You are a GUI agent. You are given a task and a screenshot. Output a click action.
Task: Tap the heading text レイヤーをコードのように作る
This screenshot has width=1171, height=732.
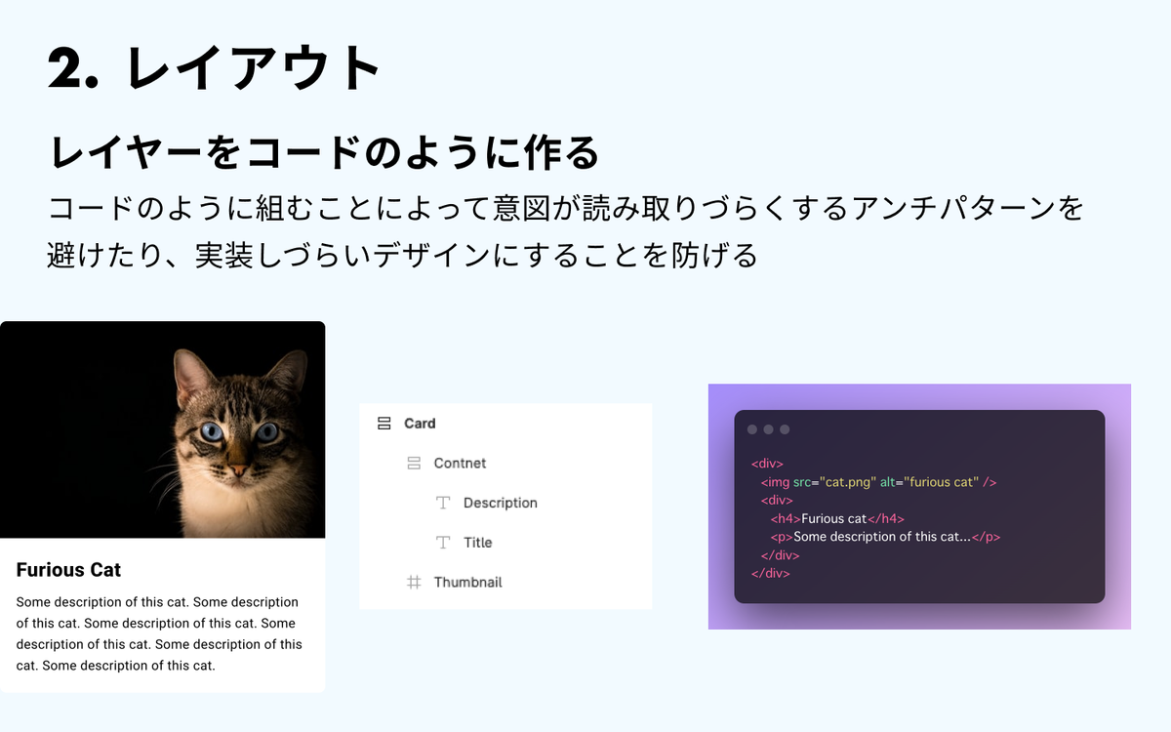point(324,152)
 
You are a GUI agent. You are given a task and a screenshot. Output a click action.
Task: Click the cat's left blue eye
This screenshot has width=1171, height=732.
point(212,431)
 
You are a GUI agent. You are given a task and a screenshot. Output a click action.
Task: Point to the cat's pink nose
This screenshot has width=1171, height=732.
point(238,470)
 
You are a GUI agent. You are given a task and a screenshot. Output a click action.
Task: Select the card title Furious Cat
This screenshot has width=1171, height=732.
point(68,569)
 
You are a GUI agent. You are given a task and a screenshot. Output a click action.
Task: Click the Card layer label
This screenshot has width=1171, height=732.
point(420,423)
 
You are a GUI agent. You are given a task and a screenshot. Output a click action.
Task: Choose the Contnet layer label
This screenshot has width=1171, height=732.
point(460,463)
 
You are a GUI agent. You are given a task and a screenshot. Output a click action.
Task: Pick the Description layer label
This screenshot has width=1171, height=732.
point(501,503)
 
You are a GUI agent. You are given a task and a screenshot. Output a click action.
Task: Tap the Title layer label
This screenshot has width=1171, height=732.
point(478,543)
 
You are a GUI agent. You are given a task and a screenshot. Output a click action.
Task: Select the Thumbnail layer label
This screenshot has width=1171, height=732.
point(467,582)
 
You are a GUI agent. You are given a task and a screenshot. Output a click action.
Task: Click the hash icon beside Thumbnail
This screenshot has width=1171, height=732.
point(414,582)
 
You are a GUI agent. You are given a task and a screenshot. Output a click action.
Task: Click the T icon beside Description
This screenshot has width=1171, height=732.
point(443,503)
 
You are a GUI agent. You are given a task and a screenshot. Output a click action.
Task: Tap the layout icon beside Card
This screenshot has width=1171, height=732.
point(384,423)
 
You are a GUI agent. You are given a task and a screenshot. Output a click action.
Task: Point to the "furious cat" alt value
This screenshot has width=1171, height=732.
point(941,481)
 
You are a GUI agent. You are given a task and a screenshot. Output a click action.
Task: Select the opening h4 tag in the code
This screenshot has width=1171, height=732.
point(786,518)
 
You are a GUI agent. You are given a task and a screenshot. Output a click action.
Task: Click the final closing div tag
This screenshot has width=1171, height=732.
point(771,573)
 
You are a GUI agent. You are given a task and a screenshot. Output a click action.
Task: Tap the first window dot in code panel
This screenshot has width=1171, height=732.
point(752,429)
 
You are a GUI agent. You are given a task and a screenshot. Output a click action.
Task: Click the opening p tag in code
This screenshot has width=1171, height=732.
point(782,537)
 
